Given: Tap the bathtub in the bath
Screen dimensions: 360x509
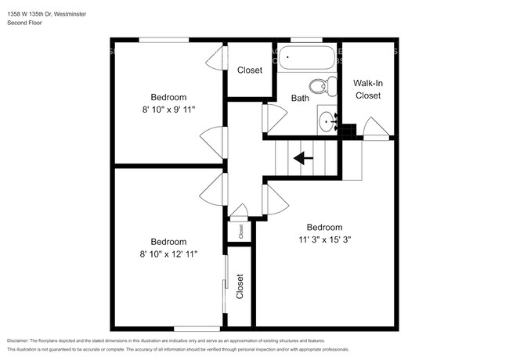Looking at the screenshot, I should (x=307, y=57).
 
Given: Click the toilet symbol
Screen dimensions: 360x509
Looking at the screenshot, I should (x=320, y=85).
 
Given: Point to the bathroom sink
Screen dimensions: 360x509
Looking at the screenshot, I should (x=328, y=121).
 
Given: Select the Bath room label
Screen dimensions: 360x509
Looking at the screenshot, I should (x=300, y=99).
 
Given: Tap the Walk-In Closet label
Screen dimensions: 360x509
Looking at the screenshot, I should (x=366, y=88).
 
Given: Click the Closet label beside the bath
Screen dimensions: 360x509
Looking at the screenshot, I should (x=249, y=70).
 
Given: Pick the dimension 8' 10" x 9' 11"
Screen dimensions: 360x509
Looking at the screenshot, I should (x=168, y=110).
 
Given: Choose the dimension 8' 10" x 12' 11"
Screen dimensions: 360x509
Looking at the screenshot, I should (x=168, y=254).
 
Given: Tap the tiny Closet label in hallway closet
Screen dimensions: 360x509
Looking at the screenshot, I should (x=240, y=231).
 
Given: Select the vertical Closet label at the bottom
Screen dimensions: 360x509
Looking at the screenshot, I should (x=240, y=286).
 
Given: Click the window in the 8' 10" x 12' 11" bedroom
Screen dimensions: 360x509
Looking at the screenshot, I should (x=197, y=327).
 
